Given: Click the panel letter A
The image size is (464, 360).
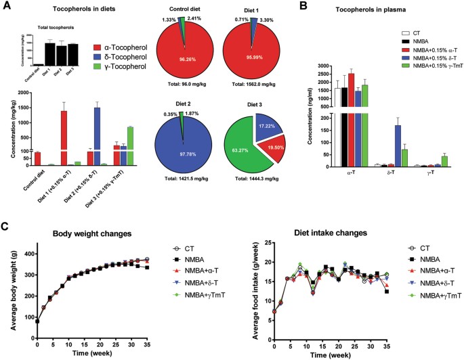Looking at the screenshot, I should click(x=6, y=6).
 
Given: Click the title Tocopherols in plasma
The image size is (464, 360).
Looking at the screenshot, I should click(x=377, y=11).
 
